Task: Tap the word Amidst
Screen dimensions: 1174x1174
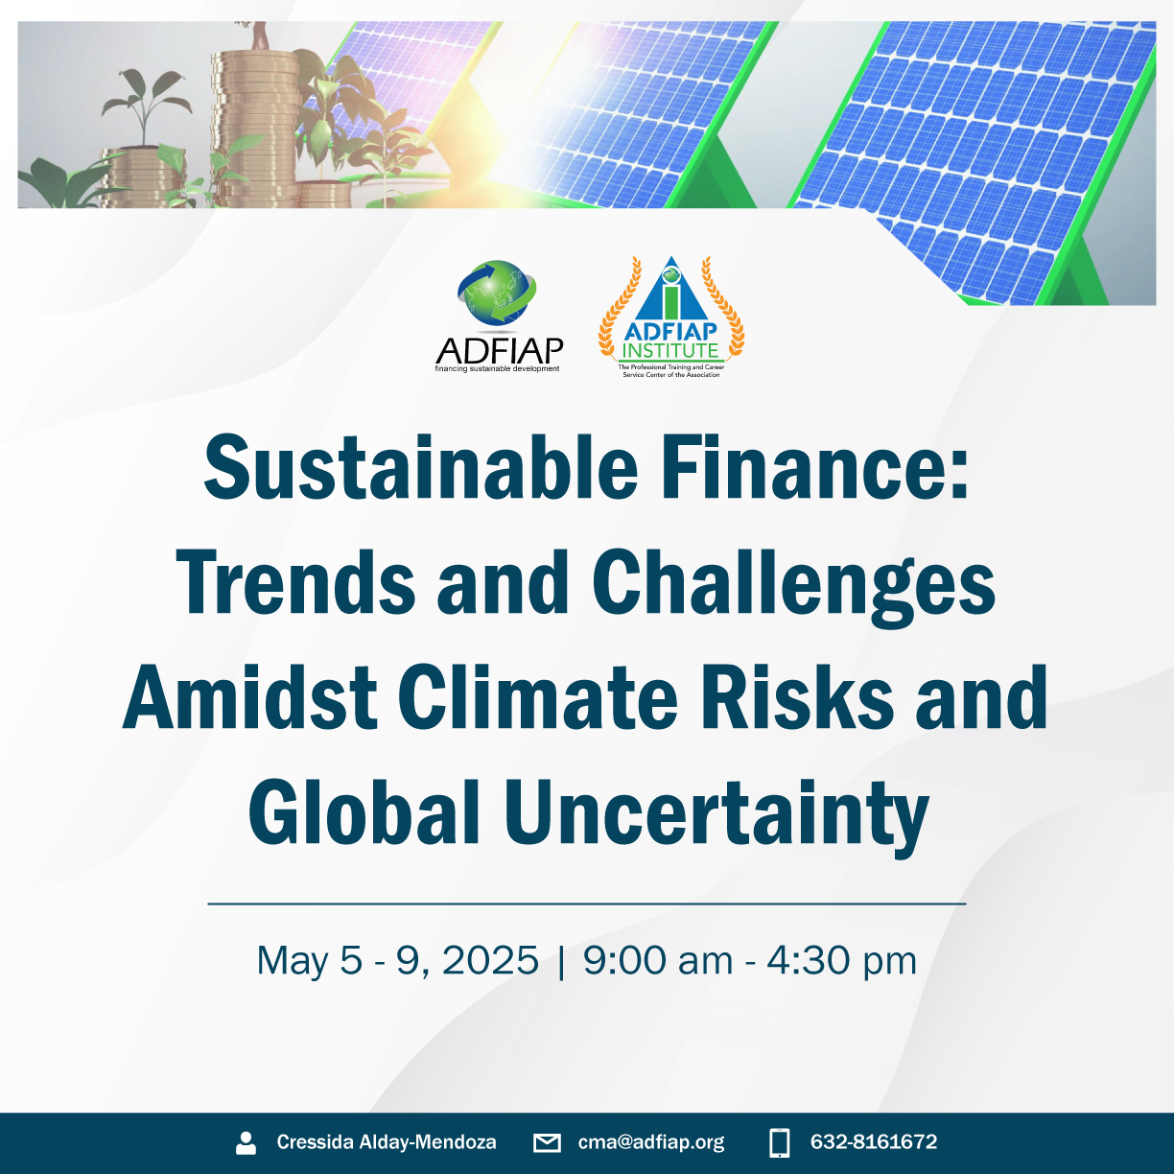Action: [x=249, y=696]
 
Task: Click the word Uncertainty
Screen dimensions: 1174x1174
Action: [x=716, y=817]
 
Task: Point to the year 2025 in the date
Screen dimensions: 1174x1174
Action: [x=490, y=961]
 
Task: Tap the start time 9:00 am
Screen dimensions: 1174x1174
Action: [x=658, y=961]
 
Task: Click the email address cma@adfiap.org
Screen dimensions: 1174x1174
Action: [x=651, y=1142]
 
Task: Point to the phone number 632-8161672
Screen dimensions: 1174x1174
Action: [x=874, y=1141]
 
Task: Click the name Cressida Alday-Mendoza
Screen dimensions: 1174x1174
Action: [x=387, y=1141]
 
